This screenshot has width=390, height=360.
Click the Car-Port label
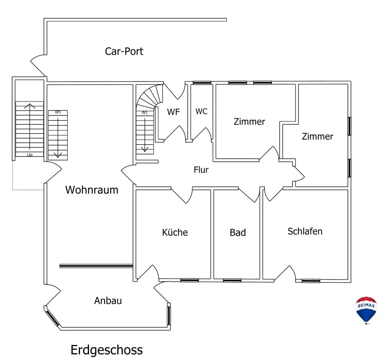pyautogui.click(x=124, y=51)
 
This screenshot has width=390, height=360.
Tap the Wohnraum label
pyautogui.click(x=92, y=190)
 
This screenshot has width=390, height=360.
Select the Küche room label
pyautogui.click(x=175, y=232)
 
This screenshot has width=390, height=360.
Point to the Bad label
pyautogui.click(x=238, y=233)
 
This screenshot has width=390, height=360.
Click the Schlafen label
pyautogui.click(x=305, y=231)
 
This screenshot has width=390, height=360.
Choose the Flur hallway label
pyautogui.click(x=201, y=170)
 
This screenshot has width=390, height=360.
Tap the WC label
pyautogui.click(x=201, y=112)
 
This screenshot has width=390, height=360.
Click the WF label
pyautogui.click(x=173, y=112)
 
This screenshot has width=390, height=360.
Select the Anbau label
pyautogui.click(x=108, y=301)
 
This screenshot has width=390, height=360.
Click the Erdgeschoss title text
pyautogui.click(x=106, y=349)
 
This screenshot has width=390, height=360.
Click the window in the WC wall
pyautogui.click(x=202, y=83)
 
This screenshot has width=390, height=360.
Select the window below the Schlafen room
pyautogui.click(x=311, y=280)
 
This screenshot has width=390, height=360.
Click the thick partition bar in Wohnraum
pyautogui.click(x=96, y=266)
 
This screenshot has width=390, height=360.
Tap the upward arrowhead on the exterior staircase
pyautogui.click(x=29, y=105)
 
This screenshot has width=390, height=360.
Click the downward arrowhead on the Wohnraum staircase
pyautogui.click(x=58, y=155)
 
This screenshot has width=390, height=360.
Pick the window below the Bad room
pyautogui.click(x=232, y=280)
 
